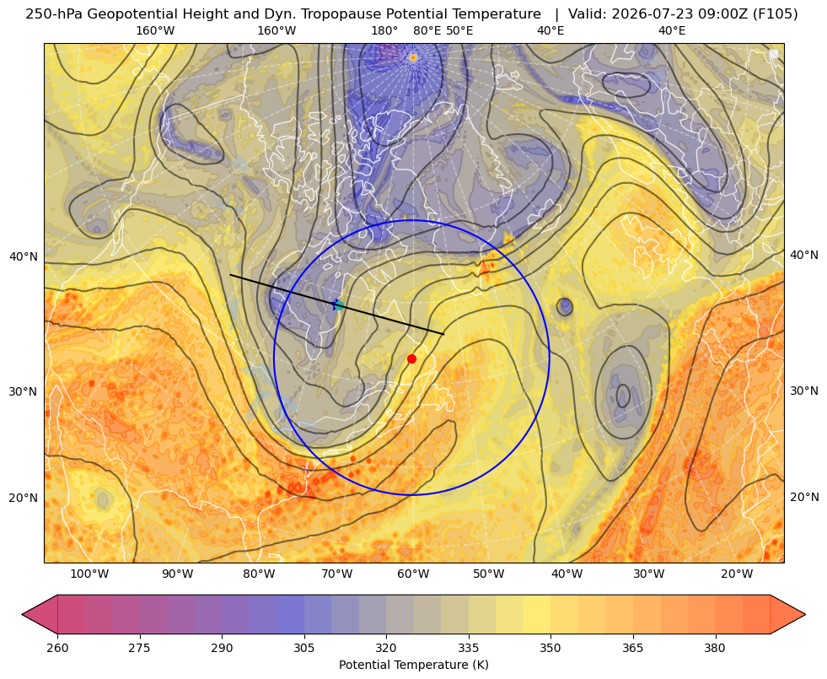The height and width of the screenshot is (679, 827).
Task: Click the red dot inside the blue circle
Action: click(x=412, y=358)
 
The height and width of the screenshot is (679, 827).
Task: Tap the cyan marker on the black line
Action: click(x=339, y=305)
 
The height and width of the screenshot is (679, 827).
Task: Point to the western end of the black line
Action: click(x=230, y=275)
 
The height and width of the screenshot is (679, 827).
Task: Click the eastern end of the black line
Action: click(x=443, y=334)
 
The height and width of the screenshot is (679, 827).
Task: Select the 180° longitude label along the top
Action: click(x=384, y=30)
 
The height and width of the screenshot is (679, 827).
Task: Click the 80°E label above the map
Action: click(x=427, y=30)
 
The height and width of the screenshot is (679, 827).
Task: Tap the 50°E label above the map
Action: click(x=459, y=30)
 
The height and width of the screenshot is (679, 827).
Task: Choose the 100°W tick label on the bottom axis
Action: click(x=89, y=574)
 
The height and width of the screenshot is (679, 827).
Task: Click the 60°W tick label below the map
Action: click(x=413, y=574)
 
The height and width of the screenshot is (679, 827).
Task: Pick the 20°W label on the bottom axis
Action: click(x=737, y=574)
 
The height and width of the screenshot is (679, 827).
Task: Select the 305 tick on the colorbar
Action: click(x=303, y=648)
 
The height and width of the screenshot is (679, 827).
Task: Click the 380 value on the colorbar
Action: click(x=715, y=648)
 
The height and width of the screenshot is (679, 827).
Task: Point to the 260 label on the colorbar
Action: click(x=57, y=648)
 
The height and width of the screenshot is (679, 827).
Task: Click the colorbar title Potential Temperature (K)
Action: click(x=413, y=665)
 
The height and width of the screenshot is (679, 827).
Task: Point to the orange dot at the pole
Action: click(x=413, y=57)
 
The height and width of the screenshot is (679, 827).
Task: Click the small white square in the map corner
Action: click(x=774, y=54)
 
